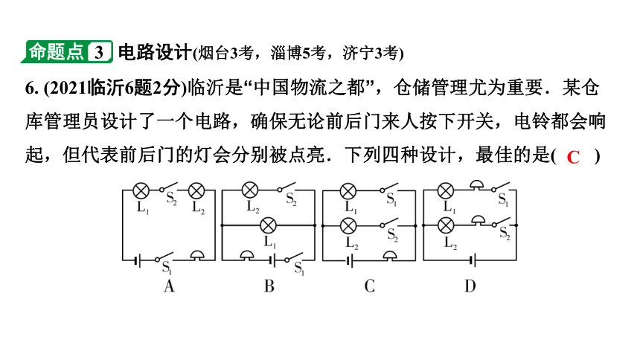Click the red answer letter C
(573, 157)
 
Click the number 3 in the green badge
(99, 52)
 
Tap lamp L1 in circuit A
(141, 190)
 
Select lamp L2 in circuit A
(196, 190)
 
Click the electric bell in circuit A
(197, 256)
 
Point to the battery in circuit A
(138, 260)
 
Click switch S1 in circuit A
(164, 257)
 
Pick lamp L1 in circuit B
(268, 225)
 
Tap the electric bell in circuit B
(247, 256)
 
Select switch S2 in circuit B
(286, 187)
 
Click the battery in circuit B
(272, 260)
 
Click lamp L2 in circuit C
(348, 225)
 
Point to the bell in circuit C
(390, 256)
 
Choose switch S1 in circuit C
(388, 187)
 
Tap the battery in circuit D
(473, 260)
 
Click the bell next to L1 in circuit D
(476, 185)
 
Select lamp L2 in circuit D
(445, 225)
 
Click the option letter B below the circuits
(269, 286)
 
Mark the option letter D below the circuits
(470, 286)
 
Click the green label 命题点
(57, 52)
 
